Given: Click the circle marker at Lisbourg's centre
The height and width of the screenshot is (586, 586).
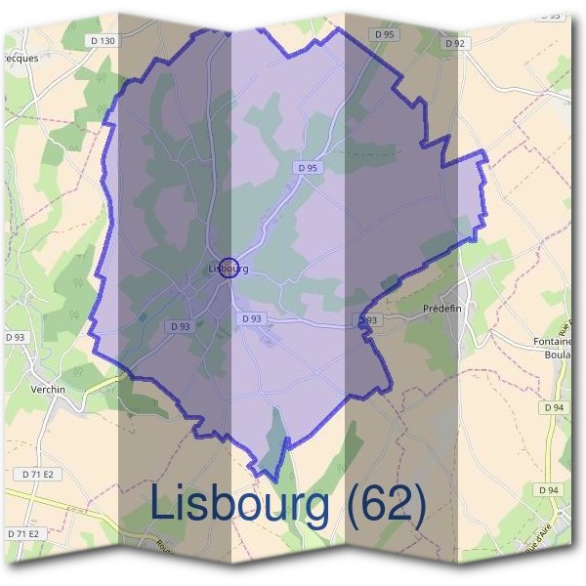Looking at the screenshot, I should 228,267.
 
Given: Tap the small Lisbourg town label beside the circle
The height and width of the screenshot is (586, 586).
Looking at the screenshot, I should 229,268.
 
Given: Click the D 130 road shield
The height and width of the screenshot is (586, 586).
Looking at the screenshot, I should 102,40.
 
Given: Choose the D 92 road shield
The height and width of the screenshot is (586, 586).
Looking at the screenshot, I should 454,44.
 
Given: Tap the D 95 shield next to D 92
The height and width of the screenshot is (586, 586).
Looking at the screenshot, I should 385,34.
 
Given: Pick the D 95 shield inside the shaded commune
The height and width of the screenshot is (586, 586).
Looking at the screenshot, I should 308,168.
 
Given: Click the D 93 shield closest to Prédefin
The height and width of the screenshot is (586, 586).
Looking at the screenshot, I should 367,319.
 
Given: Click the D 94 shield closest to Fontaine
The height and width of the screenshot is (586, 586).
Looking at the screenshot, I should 554,407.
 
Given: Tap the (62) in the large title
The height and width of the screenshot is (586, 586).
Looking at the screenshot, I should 386,504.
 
